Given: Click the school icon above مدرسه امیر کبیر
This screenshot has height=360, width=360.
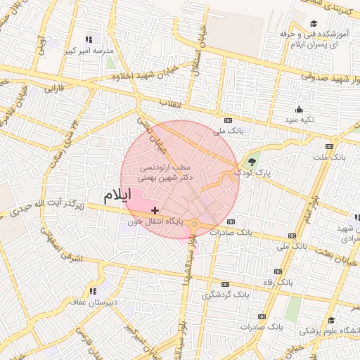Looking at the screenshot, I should coord(88,40).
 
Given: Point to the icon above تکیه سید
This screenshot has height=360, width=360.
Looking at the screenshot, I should coord(299,109).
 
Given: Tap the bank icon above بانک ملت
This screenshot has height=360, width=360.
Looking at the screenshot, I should coord(328,146).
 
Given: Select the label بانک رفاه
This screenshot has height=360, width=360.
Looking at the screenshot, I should coord(295,281).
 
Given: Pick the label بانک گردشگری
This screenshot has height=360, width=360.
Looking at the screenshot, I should coord(226,295).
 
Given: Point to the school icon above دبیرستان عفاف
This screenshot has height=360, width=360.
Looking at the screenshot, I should coord(92,291).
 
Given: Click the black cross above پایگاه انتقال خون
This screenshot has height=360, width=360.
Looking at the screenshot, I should coord(155,210).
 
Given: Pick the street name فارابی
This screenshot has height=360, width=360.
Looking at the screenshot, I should coord(54,89).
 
